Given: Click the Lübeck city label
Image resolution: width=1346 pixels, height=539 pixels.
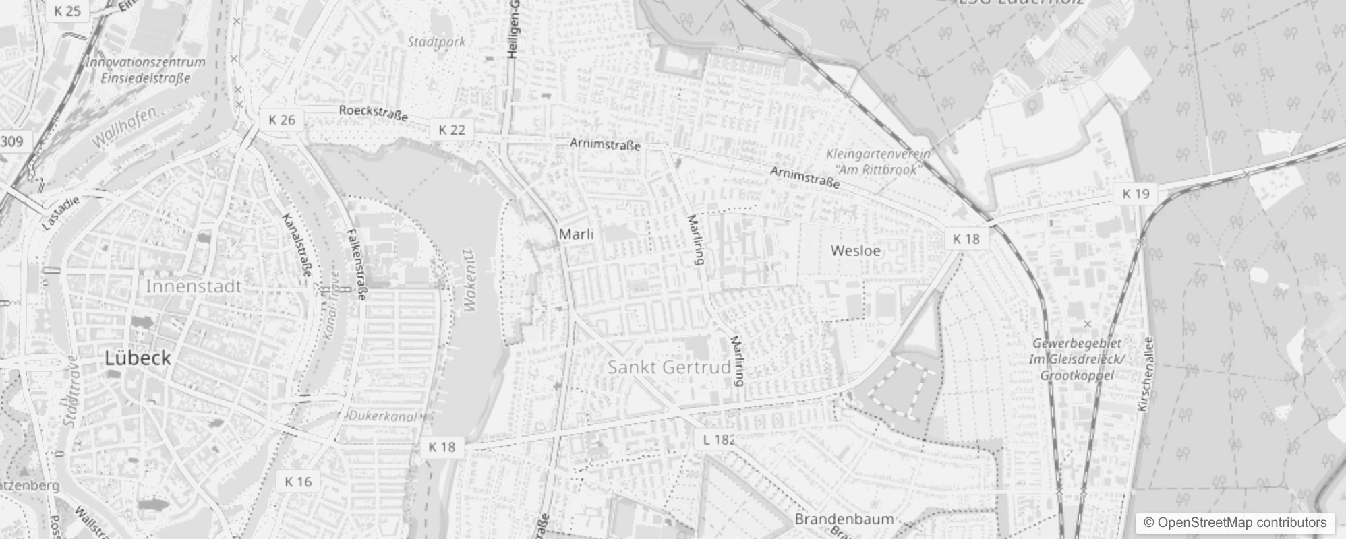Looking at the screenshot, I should coord(138,358).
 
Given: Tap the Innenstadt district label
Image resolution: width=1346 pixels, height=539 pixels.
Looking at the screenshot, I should coord(194,286).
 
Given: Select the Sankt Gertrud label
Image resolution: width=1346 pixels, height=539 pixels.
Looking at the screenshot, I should coord(669,367).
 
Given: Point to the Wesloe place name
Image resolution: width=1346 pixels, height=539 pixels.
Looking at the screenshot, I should coord(856,251).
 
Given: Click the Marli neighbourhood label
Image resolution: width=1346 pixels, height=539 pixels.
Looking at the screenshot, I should coord(577,234).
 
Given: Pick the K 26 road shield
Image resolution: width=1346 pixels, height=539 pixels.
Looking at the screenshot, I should coord(282,120).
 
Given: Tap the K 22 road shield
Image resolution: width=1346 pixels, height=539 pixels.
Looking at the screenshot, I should coord(452,130).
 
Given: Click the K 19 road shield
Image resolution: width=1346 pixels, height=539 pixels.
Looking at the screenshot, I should coord(1136,194).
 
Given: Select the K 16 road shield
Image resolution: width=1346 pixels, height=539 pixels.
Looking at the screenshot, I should coord(298,482).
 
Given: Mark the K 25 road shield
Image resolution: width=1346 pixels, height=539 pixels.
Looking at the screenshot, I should coord(67,11).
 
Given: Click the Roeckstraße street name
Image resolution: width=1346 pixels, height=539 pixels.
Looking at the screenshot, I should coord(374,113).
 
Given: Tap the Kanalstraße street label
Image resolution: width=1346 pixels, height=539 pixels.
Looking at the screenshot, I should coord(297,245).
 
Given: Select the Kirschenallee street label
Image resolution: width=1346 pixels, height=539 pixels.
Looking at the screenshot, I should coord(1146,374).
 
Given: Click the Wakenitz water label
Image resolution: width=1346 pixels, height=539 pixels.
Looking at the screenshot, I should coord(470,280).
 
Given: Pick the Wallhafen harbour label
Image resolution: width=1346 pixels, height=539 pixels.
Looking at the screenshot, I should coord(124,127).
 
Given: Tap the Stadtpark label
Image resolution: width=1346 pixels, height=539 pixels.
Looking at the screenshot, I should coord(436,42).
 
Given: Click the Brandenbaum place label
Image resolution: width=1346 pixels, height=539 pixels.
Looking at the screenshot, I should coord(844,519).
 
